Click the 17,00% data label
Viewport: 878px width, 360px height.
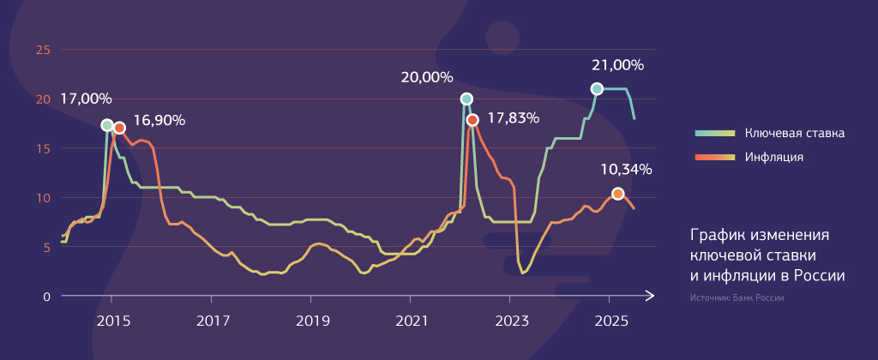(x=86, y=99)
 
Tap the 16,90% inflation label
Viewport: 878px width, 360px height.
(x=159, y=120)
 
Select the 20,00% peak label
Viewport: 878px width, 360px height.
(x=427, y=77)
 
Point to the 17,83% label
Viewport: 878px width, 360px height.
(x=513, y=118)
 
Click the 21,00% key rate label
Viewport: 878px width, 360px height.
(x=617, y=65)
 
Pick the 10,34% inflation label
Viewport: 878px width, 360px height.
(x=626, y=169)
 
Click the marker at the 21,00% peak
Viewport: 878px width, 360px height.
(x=597, y=89)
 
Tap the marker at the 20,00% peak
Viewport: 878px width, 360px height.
(x=466, y=99)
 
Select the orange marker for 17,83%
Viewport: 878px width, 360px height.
(x=472, y=120)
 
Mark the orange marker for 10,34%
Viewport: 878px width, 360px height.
(x=617, y=194)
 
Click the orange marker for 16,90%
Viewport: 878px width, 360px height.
(x=119, y=128)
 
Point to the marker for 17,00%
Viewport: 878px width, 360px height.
(x=107, y=125)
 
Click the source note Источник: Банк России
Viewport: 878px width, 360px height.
(x=737, y=298)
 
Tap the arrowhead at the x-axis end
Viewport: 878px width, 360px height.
(x=652, y=297)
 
